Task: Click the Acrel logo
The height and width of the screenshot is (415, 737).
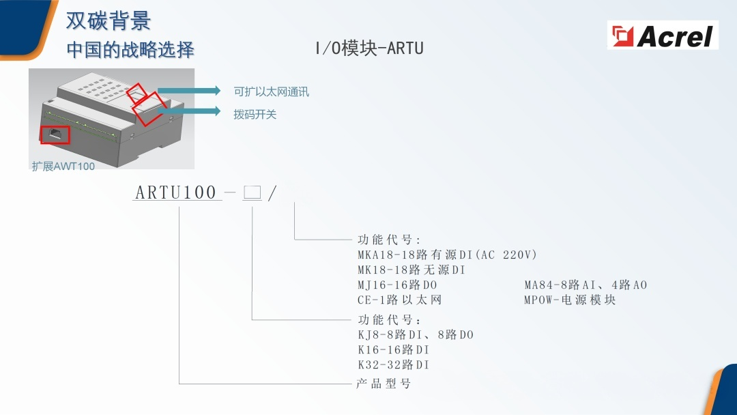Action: pyautogui.click(x=662, y=35)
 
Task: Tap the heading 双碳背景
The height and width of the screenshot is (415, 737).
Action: pyautogui.click(x=109, y=21)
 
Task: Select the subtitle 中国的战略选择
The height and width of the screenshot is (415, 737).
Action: pyautogui.click(x=130, y=50)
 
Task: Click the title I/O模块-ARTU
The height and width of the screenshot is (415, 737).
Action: pyautogui.click(x=369, y=48)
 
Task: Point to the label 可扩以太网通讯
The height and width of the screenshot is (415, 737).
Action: pyautogui.click(x=271, y=91)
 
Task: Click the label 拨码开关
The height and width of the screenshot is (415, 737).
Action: pyautogui.click(x=255, y=115)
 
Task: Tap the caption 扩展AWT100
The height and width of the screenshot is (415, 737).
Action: pyautogui.click(x=63, y=166)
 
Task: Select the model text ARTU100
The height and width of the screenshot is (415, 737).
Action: pyautogui.click(x=176, y=192)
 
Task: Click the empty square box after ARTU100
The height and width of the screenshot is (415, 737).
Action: pyautogui.click(x=252, y=192)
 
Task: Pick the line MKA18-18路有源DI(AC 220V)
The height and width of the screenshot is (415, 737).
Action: pyautogui.click(x=447, y=255)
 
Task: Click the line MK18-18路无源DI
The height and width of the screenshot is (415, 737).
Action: pyautogui.click(x=411, y=270)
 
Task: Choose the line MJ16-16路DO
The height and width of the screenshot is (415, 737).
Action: pyautogui.click(x=397, y=285)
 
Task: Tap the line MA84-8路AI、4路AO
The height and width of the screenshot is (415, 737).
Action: pyautogui.click(x=585, y=285)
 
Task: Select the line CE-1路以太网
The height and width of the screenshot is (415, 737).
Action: pyautogui.click(x=400, y=300)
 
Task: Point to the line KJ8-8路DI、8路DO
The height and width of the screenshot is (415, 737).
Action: pyautogui.click(x=415, y=334)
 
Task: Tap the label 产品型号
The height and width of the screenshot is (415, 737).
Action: pyautogui.click(x=384, y=384)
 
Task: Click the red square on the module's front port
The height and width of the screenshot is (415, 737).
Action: pyautogui.click(x=55, y=134)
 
